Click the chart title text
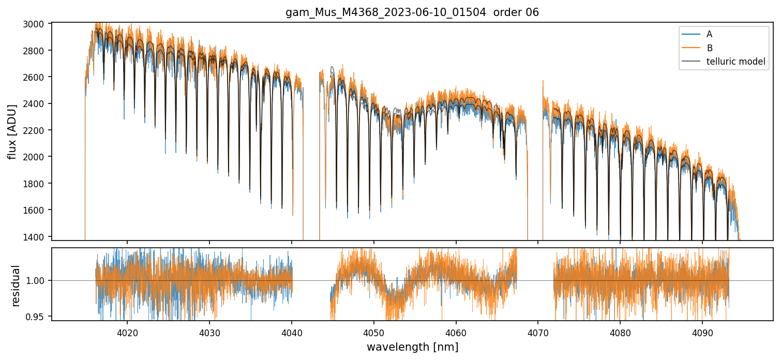click(x=412, y=12)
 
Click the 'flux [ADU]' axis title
click(x=12, y=131)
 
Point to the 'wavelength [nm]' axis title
click(x=412, y=347)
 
